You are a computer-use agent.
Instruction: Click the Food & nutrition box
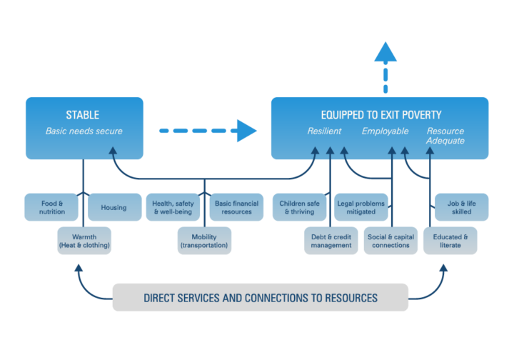pyautogui.click(x=51, y=207)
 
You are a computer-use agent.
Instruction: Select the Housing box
pyautogui.click(x=114, y=207)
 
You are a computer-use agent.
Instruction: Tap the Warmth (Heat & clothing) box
pyautogui.click(x=84, y=241)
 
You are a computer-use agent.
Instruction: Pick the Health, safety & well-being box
pyautogui.click(x=174, y=207)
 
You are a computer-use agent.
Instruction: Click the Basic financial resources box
pyautogui.click(x=236, y=207)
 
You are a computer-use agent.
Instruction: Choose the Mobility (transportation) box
pyautogui.click(x=204, y=241)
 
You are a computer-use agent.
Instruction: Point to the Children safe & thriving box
pyautogui.click(x=299, y=207)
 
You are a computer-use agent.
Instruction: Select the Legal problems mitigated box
pyautogui.click(x=361, y=207)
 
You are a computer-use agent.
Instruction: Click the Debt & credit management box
pyautogui.click(x=331, y=241)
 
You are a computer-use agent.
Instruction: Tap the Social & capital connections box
pyautogui.click(x=390, y=241)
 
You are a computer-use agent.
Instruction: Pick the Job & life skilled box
pyautogui.click(x=462, y=207)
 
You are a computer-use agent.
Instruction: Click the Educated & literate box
pyautogui.click(x=450, y=241)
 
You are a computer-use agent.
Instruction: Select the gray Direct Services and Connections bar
pyautogui.click(x=260, y=297)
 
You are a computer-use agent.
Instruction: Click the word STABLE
pyautogui.click(x=83, y=115)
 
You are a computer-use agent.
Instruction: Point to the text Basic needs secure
pyautogui.click(x=84, y=131)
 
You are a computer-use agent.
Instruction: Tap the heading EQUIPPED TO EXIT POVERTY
pyautogui.click(x=380, y=115)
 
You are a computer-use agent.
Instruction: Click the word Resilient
pyautogui.click(x=324, y=131)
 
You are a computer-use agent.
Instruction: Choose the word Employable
pyautogui.click(x=385, y=131)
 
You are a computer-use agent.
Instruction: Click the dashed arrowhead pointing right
pyautogui.click(x=246, y=131)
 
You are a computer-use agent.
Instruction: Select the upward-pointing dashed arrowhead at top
pyautogui.click(x=385, y=52)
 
